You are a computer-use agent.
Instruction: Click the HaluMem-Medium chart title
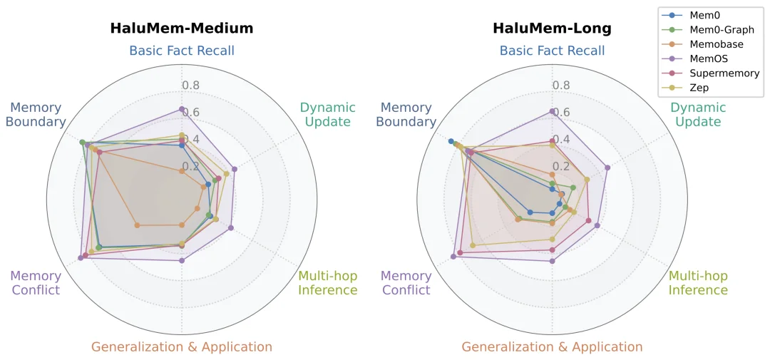(182, 29)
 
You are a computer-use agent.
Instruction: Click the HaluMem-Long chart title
(553, 29)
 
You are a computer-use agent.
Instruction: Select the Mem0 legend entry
(688, 15)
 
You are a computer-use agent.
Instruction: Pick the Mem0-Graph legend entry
(708, 30)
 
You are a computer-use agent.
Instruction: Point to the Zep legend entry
(686, 88)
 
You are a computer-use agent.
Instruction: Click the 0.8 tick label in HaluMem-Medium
(191, 86)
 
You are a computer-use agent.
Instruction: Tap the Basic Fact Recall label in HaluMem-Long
(553, 51)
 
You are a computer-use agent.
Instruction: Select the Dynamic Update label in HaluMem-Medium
(328, 115)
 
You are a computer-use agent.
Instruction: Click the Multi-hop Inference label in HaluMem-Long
(698, 284)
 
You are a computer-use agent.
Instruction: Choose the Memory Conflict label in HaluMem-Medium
(36, 284)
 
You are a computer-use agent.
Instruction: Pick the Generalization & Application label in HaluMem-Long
(552, 347)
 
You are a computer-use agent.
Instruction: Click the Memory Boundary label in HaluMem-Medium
(36, 115)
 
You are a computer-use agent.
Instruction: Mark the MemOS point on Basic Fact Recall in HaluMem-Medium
(182, 109)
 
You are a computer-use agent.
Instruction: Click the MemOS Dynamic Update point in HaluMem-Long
(607, 168)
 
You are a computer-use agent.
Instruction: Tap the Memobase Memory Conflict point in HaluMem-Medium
(137, 225)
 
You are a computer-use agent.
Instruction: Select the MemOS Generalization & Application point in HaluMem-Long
(552, 261)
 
